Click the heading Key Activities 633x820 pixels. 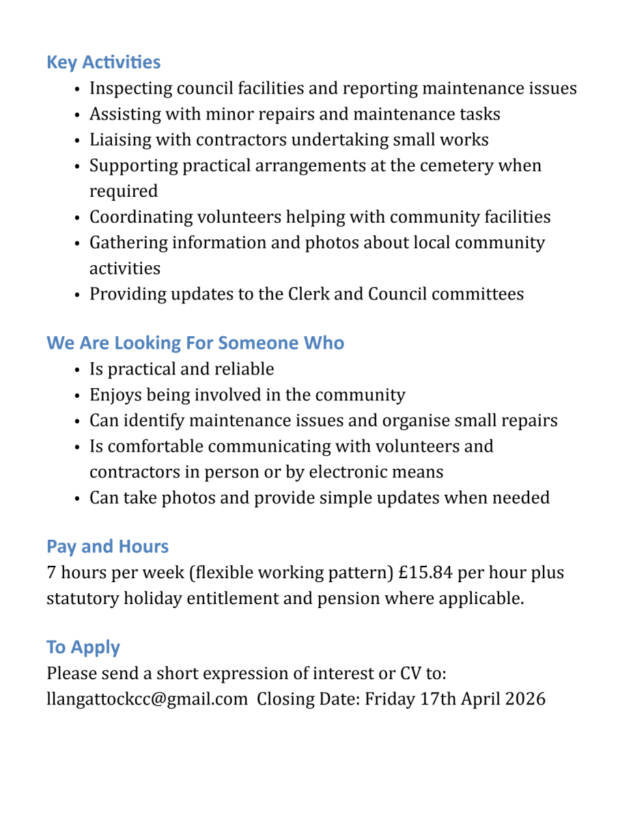point(103,62)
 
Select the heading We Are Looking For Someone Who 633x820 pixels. point(195,342)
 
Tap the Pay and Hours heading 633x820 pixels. point(107,546)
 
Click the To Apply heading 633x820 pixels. point(83,646)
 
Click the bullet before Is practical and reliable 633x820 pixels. point(79,370)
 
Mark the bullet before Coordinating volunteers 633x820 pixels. point(79,217)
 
